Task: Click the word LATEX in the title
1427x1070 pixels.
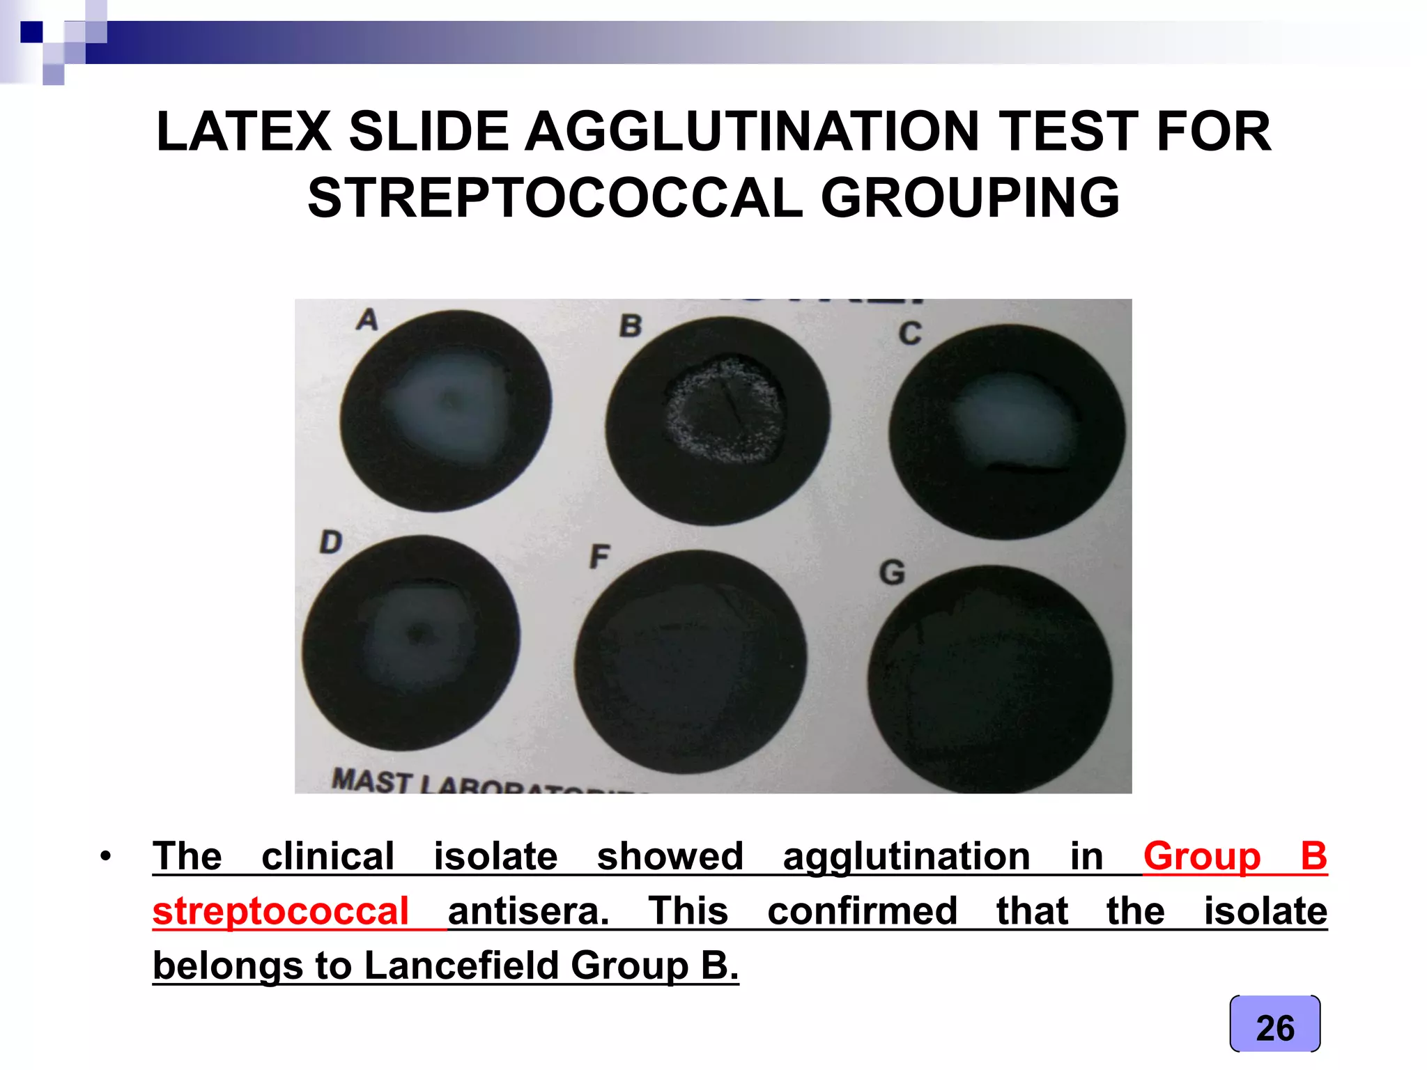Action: [x=243, y=132]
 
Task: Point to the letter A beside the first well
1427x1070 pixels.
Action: [x=367, y=320]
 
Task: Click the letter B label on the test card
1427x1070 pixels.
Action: [x=631, y=326]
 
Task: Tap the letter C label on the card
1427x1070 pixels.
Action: [x=909, y=334]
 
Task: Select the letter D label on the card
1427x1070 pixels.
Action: [x=331, y=542]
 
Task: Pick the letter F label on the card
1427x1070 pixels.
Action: [x=599, y=557]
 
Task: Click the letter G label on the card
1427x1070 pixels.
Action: [x=892, y=573]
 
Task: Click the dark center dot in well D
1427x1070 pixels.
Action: [x=418, y=634]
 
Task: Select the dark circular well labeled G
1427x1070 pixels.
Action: [x=989, y=679]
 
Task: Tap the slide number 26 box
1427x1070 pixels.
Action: [x=1274, y=1027]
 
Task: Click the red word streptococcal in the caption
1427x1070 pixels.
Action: [x=280, y=911]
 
